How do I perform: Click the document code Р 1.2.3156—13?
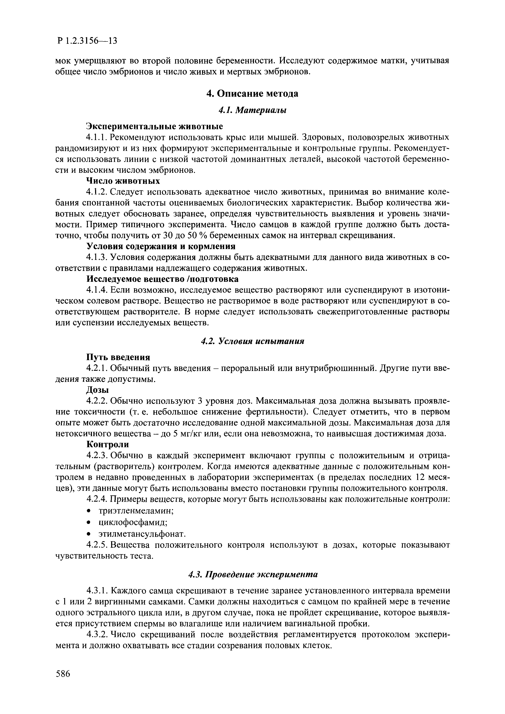tap(87, 41)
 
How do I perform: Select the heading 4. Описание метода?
tap(252, 94)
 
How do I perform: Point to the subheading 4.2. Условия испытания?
tap(252, 341)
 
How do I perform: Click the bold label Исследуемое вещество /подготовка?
tap(162, 279)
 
